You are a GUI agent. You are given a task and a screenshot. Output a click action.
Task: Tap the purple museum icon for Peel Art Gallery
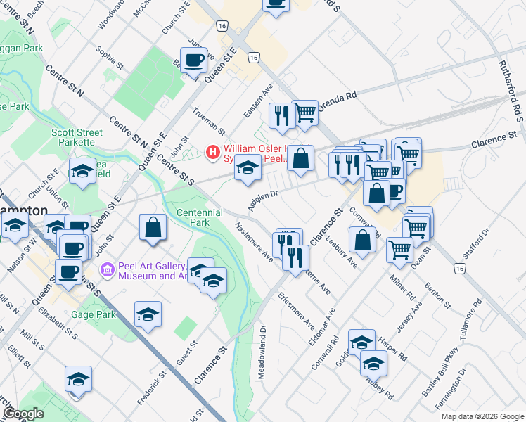tap(107, 269)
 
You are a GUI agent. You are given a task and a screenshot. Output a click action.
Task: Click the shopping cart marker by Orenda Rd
tap(304, 112)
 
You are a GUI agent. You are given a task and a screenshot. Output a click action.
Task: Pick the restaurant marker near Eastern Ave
tap(282, 116)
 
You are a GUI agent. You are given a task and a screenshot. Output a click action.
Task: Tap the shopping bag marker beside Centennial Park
tap(152, 229)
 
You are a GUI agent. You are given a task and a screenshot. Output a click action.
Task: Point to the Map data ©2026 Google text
tap(482, 416)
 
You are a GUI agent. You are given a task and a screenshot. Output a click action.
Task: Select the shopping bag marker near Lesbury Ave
tap(362, 240)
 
